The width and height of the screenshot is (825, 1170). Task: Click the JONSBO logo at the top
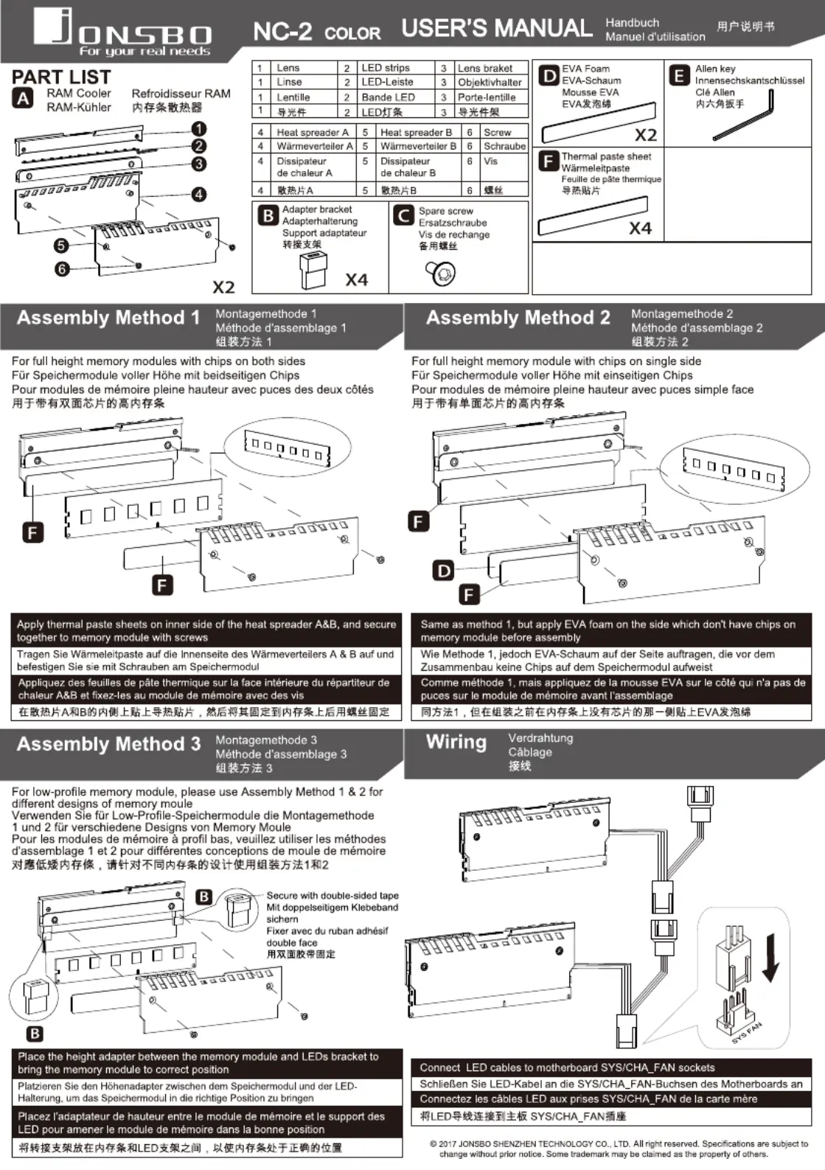pos(122,32)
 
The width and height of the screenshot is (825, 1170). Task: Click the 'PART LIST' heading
pos(61,77)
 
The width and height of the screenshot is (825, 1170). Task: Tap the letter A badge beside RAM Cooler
pos(23,99)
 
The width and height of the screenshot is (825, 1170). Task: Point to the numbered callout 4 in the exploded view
pos(199,195)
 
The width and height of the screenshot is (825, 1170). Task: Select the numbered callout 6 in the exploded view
pos(62,269)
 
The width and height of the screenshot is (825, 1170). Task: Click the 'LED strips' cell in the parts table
pos(385,68)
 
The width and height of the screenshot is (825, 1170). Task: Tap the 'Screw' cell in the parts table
pos(497,133)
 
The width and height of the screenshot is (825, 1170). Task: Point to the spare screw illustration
pos(442,274)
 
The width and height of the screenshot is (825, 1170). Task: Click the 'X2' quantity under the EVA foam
pos(645,135)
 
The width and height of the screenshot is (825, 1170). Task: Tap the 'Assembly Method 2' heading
pos(518,318)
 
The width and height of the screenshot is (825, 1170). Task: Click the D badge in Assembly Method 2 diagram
pos(444,570)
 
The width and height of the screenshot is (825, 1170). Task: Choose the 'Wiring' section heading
pos(456,742)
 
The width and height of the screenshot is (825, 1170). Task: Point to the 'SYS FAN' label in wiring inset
pos(746,1032)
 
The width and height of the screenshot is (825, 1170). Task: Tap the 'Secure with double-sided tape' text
pos(332,896)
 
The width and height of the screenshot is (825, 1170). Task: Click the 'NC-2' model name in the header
pos(282,32)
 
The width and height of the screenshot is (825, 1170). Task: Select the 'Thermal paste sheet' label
pos(606,156)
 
